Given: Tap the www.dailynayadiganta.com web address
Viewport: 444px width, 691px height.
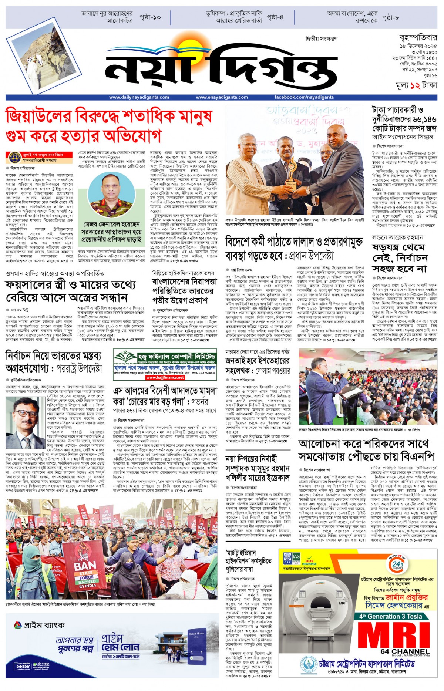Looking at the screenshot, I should coord(139,97).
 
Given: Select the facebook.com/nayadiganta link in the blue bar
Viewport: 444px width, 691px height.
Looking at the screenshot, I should coord(304,97).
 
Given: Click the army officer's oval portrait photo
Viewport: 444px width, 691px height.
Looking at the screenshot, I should coord(111,195).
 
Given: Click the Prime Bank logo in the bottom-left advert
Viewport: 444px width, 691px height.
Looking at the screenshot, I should coord(39,625).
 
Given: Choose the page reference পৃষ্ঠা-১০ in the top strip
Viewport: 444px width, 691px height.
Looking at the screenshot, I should coord(150,17).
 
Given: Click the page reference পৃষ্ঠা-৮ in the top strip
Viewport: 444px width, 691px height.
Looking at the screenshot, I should coord(391,17).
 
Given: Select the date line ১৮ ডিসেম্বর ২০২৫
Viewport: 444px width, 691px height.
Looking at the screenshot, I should coord(418,46).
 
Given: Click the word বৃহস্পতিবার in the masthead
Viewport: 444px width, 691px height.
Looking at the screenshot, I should coord(418,38).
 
